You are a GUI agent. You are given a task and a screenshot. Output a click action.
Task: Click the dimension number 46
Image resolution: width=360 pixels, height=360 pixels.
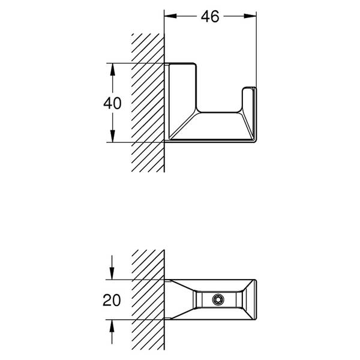pos(210,17)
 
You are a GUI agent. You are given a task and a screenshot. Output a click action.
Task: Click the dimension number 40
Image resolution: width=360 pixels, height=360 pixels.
pos(112,103)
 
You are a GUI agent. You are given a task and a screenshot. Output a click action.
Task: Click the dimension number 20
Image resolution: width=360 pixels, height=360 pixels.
pos(112,300)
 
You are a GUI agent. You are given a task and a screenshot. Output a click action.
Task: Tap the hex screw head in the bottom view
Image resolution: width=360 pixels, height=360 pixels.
pos(218,299)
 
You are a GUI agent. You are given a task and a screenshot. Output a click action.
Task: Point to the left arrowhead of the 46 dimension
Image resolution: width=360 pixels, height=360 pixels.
pos(170,16)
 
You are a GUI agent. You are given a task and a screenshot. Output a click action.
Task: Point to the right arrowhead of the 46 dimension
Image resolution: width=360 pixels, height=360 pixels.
pos(250,16)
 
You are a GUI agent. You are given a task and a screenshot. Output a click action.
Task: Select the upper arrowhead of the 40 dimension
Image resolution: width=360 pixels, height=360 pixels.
pos(112,70)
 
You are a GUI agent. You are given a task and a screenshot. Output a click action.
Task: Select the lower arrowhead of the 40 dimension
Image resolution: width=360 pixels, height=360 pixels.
pos(112,136)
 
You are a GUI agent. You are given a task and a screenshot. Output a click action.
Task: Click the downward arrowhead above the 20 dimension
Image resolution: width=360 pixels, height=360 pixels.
pos(112,274)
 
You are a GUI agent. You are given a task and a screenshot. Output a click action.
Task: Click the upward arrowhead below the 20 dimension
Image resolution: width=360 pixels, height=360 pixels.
pos(112,326)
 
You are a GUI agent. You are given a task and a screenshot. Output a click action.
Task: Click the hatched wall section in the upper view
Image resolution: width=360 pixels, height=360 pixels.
pos(148,103)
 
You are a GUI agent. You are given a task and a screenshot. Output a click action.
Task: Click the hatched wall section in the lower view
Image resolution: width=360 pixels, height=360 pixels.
pos(148,299)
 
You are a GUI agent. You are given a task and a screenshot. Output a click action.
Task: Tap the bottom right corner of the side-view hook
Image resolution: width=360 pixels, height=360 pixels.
pos(256,142)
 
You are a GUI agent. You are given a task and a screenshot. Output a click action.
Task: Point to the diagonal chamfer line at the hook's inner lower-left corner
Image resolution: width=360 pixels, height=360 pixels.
pos(183,125)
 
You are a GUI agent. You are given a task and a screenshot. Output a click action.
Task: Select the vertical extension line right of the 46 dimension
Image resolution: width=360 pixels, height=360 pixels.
pos(256,49)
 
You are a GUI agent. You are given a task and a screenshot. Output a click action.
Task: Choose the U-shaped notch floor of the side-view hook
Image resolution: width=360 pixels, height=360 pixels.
pos(219,113)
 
